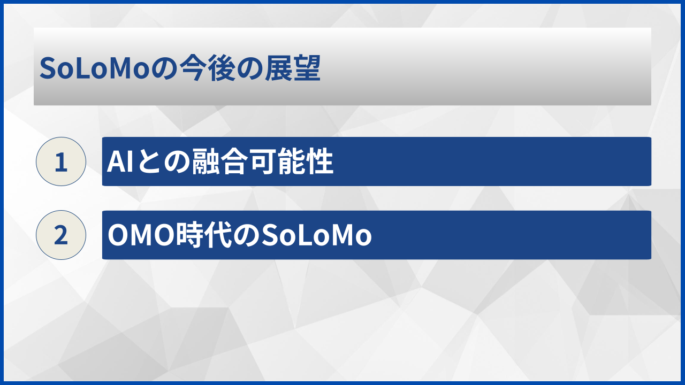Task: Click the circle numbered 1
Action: click(61, 161)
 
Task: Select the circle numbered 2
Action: click(61, 235)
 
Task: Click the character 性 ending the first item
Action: click(320, 161)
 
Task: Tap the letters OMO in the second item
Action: click(142, 235)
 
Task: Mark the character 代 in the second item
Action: click(219, 235)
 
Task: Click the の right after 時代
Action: click(247, 236)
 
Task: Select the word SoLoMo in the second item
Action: click(316, 235)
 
